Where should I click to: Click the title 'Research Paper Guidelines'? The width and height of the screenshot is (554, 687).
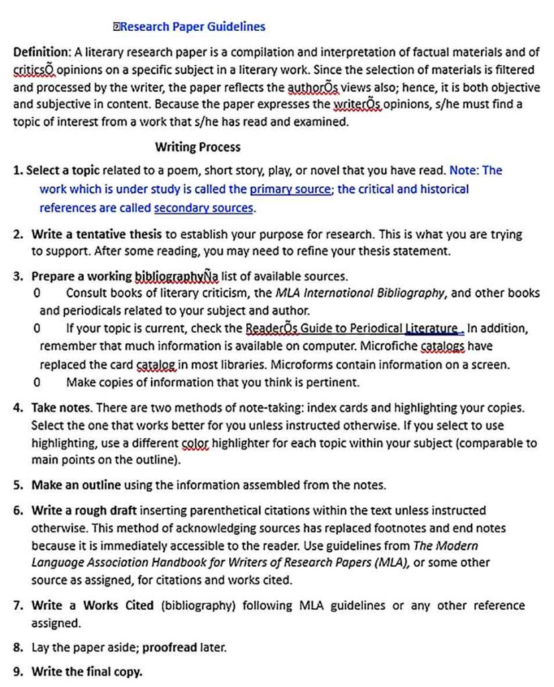[193, 27]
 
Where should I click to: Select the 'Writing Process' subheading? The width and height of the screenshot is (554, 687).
[197, 147]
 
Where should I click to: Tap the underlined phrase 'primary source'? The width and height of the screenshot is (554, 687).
[290, 189]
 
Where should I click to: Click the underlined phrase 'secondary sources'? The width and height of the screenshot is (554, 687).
[204, 208]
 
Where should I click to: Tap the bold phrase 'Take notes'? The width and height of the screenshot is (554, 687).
[62, 408]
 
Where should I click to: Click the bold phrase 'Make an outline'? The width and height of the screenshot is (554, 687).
[76, 485]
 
